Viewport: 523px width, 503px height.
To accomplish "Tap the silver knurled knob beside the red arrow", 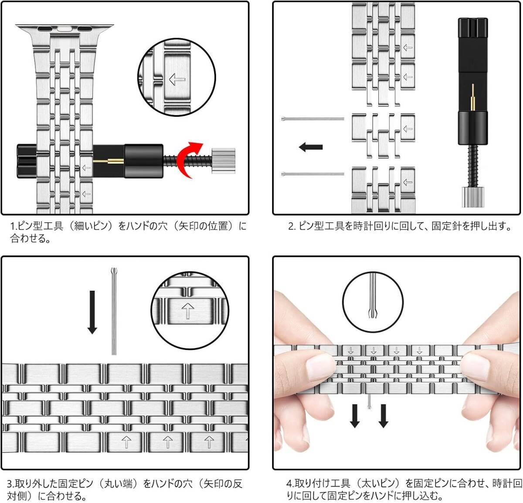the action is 224,160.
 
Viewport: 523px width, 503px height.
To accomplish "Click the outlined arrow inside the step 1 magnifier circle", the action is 177,80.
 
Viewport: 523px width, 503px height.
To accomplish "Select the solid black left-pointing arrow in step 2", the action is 311,147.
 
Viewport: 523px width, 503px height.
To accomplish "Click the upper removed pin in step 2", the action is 312,119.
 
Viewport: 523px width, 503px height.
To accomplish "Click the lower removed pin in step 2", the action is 312,174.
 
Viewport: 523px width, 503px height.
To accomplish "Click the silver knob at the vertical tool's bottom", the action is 473,197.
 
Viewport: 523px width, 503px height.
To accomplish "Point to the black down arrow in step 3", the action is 92,312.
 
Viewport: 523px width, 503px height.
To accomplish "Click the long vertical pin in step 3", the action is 114,311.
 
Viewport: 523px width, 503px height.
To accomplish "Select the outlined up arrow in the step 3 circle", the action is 187,311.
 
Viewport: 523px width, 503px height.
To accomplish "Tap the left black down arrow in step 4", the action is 355,416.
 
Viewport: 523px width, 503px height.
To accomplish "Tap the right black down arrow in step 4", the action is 383,416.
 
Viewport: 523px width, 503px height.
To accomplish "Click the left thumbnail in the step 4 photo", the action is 320,367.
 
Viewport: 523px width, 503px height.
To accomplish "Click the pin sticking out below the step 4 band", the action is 370,401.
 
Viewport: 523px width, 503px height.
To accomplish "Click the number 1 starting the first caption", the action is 12,226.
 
